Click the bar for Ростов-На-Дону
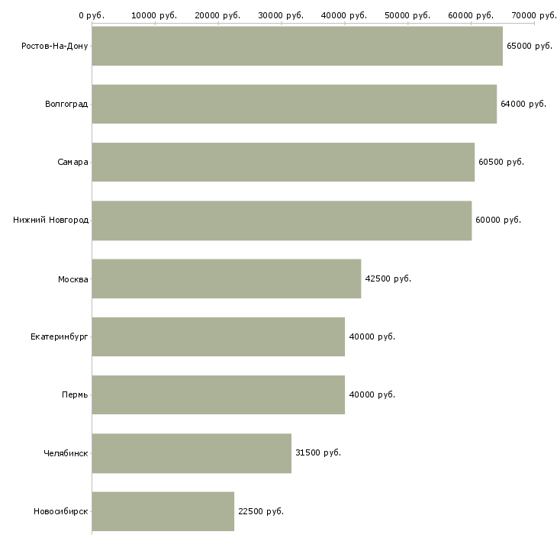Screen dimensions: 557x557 (297, 46)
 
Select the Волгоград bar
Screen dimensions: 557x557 (294, 104)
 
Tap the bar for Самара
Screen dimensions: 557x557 (283, 162)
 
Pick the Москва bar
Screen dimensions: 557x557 (226, 278)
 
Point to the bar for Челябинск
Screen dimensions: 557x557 (192, 453)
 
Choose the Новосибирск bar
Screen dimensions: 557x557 (163, 511)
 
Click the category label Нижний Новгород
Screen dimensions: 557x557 (50, 221)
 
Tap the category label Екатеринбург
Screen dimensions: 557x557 (60, 336)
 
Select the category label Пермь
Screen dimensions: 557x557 (75, 395)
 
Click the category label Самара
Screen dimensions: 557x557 (72, 163)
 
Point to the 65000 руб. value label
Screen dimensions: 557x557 (529, 47)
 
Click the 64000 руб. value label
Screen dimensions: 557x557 (523, 105)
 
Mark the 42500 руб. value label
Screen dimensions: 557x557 (388, 279)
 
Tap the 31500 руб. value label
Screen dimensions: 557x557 (317, 453)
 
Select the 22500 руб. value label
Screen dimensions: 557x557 (260, 511)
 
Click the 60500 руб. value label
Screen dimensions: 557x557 (501, 163)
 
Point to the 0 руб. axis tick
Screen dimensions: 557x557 (92, 14)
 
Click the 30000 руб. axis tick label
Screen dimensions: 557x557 (282, 14)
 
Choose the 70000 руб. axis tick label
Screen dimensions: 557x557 (534, 14)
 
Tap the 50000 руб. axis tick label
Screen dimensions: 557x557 (408, 14)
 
